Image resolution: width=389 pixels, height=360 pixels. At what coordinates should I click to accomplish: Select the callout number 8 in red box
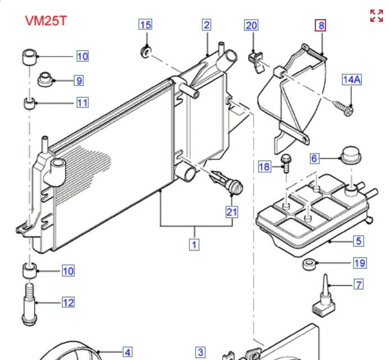tap(320, 25)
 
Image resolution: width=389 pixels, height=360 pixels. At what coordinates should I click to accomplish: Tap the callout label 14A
tap(352, 79)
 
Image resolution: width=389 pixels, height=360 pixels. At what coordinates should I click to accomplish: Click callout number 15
tap(146, 25)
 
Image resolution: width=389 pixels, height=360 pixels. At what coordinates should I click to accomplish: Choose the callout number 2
tap(207, 25)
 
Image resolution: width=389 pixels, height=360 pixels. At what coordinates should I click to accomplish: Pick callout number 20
tap(251, 25)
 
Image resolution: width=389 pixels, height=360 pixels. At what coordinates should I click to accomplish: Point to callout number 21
tap(232, 212)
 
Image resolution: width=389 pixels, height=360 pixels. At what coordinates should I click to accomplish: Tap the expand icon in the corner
tap(376, 16)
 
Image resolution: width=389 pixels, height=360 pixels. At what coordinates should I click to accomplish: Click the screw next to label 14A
tap(345, 109)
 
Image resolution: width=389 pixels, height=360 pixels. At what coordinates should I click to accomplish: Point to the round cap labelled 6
tap(350, 154)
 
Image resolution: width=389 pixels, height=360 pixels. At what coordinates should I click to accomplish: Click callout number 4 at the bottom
tap(128, 353)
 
